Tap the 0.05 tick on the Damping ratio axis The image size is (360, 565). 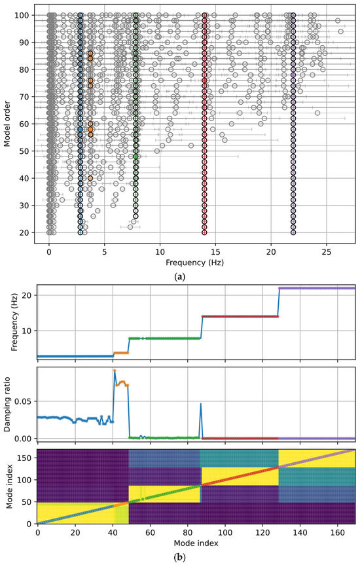[x=22, y=401]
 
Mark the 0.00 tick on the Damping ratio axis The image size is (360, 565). [x=22, y=437]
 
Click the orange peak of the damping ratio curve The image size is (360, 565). [x=115, y=371]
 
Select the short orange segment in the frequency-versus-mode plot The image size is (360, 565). [x=121, y=353]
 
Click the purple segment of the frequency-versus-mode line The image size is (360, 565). [x=317, y=288]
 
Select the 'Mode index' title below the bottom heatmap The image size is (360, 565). [x=196, y=543]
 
